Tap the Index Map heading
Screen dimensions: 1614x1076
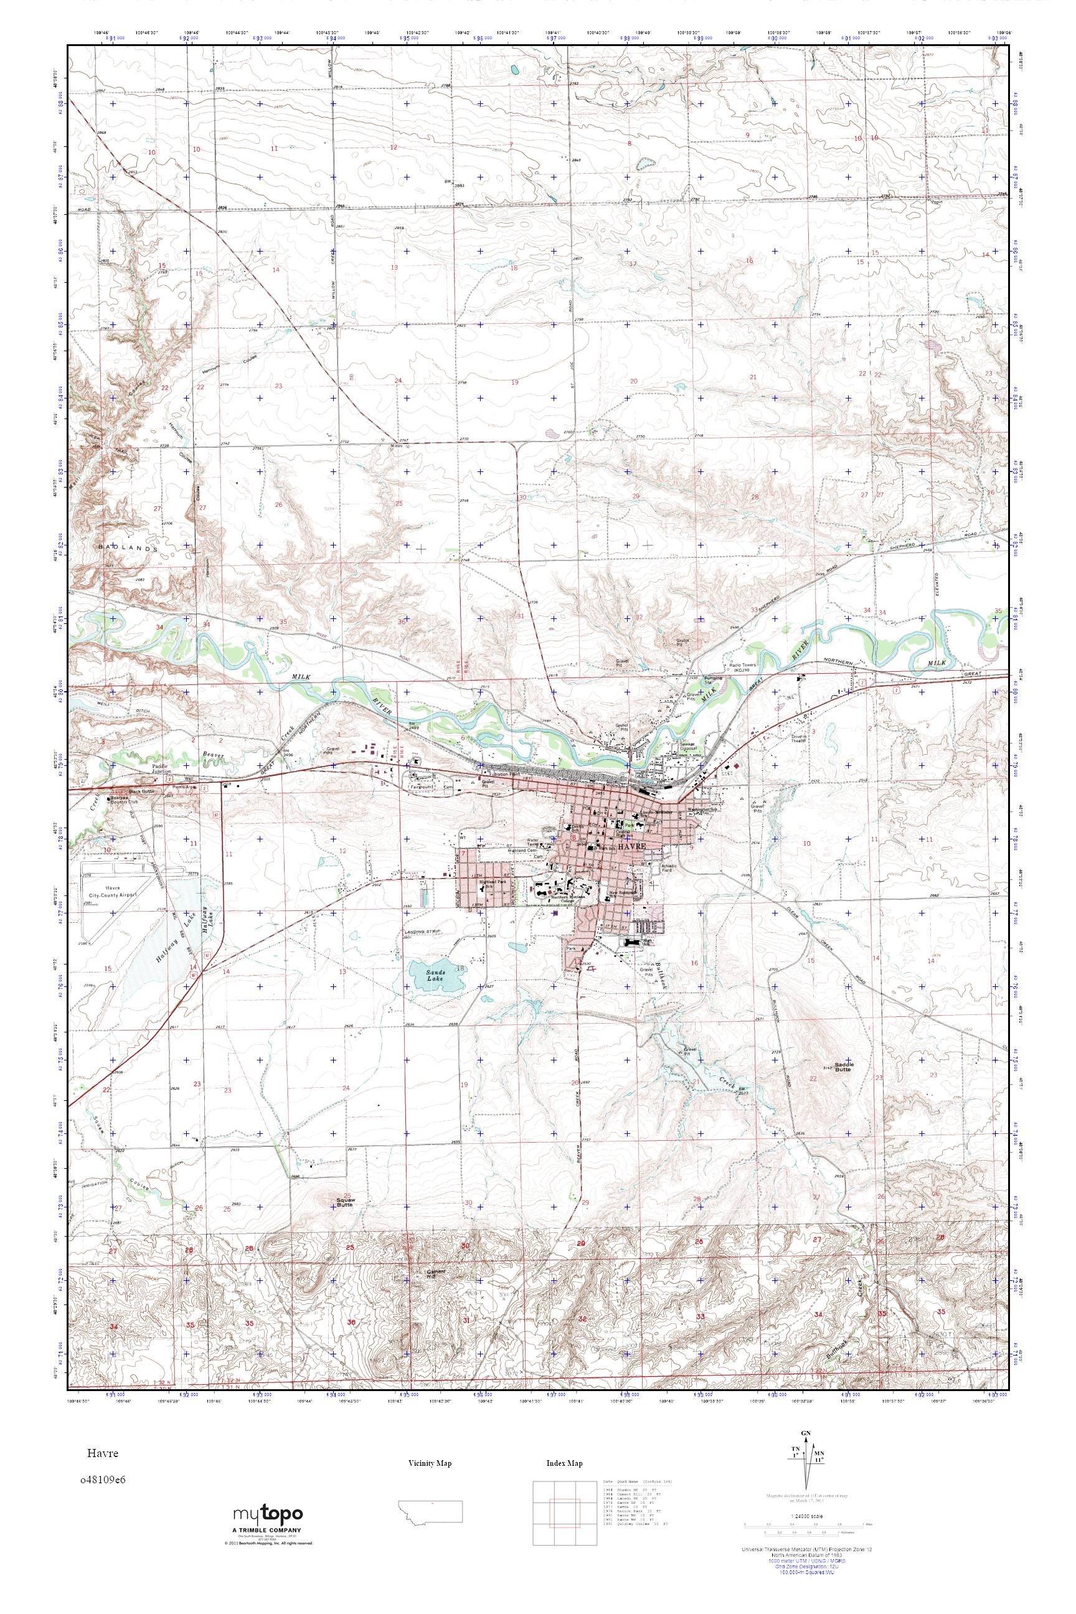[564, 1464]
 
